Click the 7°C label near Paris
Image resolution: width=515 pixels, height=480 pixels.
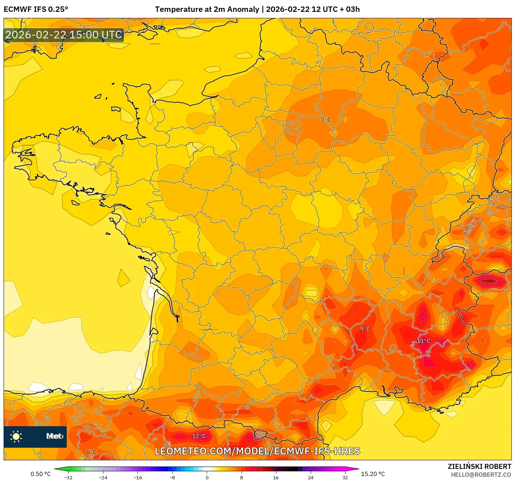click(326, 119)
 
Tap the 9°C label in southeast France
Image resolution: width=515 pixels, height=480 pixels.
click(365, 329)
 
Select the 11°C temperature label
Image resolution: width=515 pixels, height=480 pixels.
click(423, 341)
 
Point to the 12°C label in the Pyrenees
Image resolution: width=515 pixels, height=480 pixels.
click(199, 436)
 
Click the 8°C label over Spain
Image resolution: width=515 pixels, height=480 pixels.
click(92, 452)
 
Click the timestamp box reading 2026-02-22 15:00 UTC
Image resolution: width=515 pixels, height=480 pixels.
click(64, 35)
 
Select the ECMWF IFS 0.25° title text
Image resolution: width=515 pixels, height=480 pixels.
click(36, 9)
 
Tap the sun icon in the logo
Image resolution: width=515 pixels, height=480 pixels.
click(16, 436)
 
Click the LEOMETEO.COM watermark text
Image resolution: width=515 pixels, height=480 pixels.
click(257, 451)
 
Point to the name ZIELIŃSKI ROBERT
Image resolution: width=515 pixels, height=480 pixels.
click(479, 466)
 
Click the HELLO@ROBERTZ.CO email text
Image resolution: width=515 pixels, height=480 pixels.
click(481, 475)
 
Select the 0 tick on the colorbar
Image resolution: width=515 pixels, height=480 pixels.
click(207, 477)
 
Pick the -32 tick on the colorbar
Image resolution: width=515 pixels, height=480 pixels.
click(68, 477)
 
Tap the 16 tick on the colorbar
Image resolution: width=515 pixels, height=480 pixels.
click(276, 477)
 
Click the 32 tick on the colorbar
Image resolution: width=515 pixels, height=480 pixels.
click(345, 477)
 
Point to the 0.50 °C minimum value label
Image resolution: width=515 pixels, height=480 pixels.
click(41, 474)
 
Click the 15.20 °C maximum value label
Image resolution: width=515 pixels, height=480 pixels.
click(373, 474)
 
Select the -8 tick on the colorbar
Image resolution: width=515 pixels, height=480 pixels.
click(172, 477)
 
